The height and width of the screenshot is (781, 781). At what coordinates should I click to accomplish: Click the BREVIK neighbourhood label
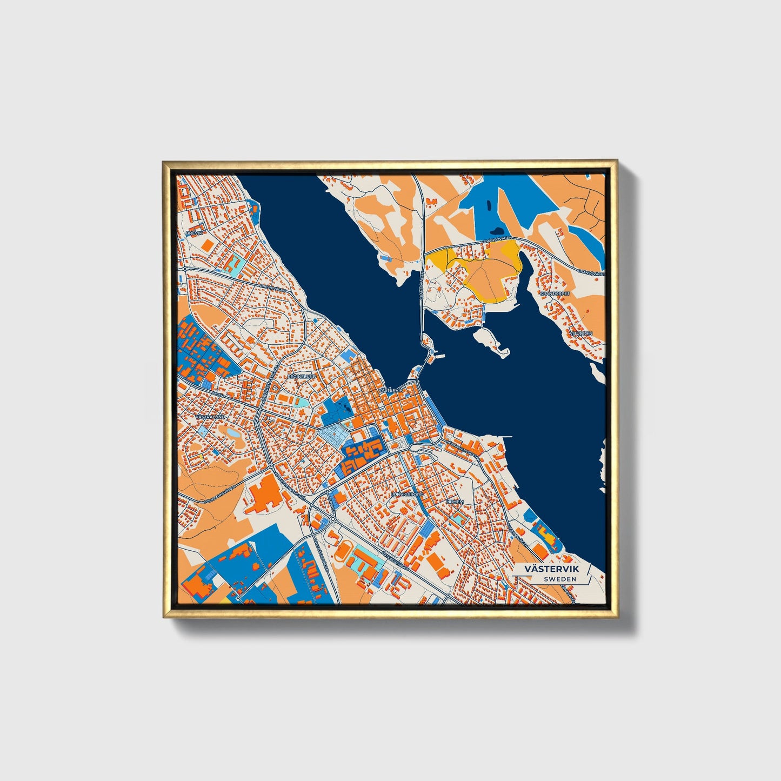pyautogui.click(x=193, y=233)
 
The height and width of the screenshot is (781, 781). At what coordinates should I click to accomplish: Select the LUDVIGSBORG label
pyautogui.click(x=406, y=494)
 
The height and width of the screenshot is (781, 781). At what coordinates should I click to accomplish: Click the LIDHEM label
pyautogui.click(x=454, y=502)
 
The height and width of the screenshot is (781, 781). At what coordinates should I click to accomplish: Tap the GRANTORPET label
pyautogui.click(x=555, y=293)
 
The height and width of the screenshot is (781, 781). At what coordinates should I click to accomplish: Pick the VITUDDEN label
pyautogui.click(x=580, y=333)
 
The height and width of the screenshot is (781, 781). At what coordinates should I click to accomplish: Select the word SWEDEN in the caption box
pyautogui.click(x=560, y=579)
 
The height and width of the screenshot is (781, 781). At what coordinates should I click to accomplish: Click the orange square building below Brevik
pyautogui.click(x=207, y=244)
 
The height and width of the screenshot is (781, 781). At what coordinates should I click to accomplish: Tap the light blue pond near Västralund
pyautogui.click(x=232, y=433)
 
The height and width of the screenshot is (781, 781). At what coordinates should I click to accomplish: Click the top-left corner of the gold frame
pyautogui.click(x=164, y=162)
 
